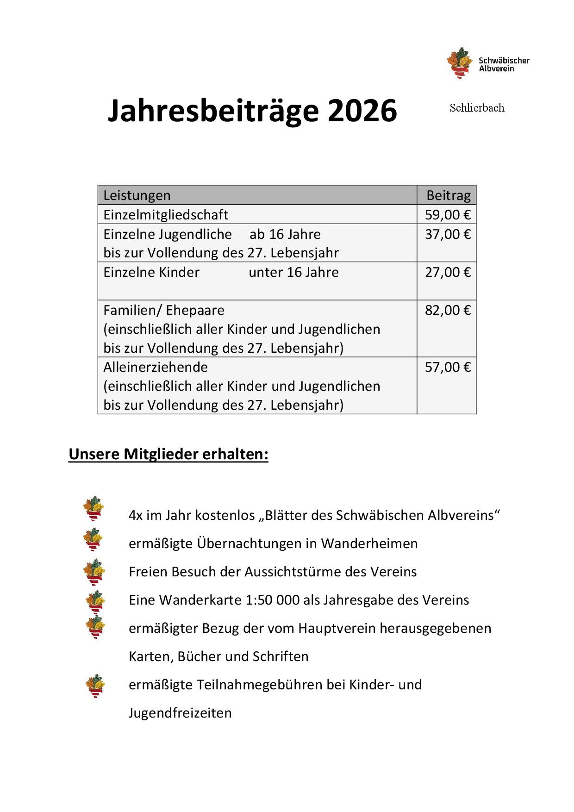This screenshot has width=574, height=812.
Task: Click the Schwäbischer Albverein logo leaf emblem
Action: coord(458,62)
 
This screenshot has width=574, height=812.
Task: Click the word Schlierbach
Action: coord(477,108)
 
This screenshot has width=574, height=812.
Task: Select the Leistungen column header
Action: coord(137,195)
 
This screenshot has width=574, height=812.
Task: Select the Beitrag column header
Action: coord(448,195)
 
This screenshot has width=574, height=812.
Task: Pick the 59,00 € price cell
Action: coord(448,215)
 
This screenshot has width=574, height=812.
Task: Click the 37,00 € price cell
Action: coord(448,234)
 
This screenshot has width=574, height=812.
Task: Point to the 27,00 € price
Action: coord(448,272)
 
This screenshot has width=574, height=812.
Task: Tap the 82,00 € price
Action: coord(448,310)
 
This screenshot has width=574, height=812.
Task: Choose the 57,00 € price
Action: coord(448,367)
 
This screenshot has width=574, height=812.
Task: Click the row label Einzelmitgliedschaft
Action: coord(166,215)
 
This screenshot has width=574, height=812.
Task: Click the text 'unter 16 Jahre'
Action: coord(293,272)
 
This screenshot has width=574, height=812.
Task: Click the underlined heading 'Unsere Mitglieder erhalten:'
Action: coord(168,454)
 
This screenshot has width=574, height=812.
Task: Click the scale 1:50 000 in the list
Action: coord(278,600)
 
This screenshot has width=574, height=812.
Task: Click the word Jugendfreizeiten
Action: coord(180,713)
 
